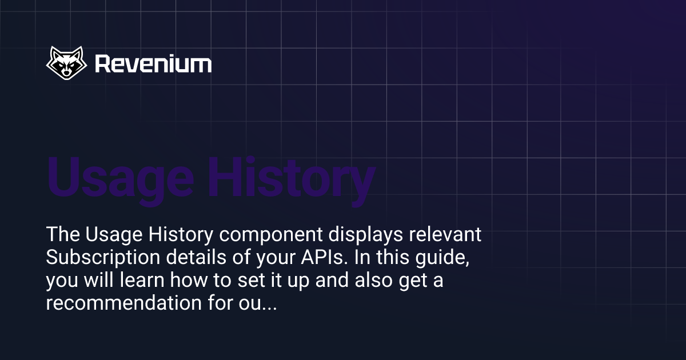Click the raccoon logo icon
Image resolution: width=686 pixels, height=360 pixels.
click(x=66, y=63)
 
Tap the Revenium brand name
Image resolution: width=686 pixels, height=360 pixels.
click(x=153, y=64)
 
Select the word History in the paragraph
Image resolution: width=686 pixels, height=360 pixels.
click(x=164, y=235)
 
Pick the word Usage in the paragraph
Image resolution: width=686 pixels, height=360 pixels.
click(x=106, y=235)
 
